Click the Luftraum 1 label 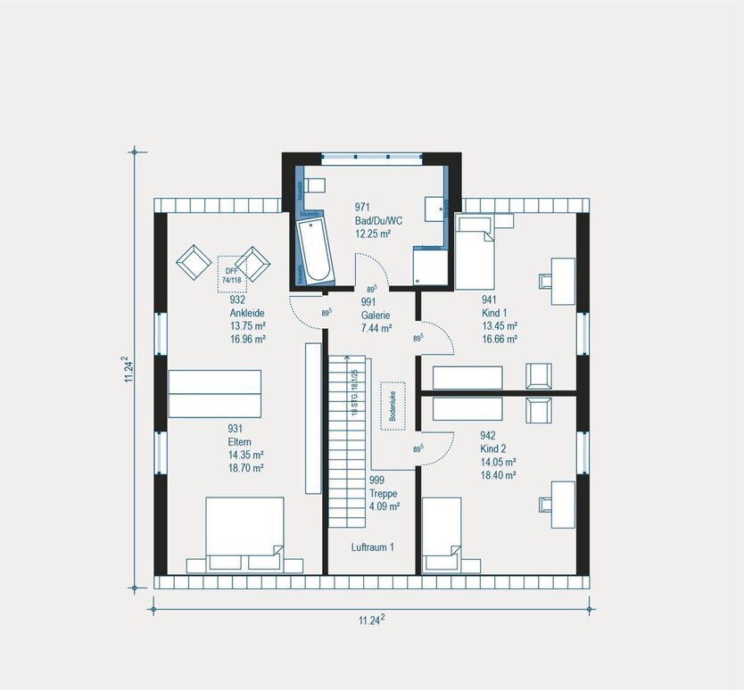[x=373, y=547]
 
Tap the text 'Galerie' [x=376, y=315]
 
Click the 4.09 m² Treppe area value [x=384, y=505]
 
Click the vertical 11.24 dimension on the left [x=128, y=369]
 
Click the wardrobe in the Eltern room [x=215, y=393]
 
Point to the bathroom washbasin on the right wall [x=434, y=208]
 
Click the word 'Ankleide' [x=245, y=313]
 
